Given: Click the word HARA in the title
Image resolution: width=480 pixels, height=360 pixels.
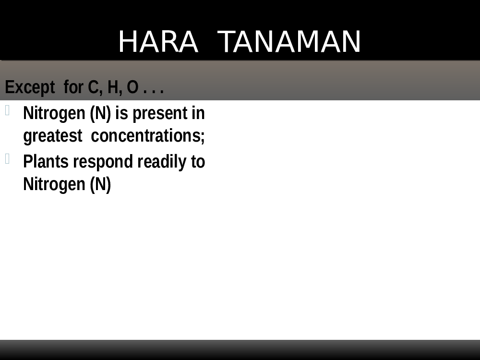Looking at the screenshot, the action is pos(158,42).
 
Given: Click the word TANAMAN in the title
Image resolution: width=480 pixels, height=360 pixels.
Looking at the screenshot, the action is pos(289,42).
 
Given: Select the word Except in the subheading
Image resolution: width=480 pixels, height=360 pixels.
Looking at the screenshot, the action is pos(30,87).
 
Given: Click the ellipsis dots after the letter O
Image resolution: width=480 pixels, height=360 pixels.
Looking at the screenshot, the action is pos(154,91).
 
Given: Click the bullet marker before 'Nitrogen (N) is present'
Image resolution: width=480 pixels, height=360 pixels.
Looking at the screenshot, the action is pos(7,110).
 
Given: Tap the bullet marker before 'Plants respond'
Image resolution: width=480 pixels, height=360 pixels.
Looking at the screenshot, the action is pos(7,158).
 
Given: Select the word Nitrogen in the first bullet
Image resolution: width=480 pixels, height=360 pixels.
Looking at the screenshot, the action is pos(54,113).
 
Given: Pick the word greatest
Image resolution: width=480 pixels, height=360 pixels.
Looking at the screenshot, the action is pos(53,136).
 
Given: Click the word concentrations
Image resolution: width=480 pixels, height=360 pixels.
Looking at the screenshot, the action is pos(147,136).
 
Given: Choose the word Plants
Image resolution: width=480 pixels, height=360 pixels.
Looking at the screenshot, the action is pos(46,162).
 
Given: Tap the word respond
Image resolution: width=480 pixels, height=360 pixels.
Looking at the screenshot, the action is pos(103,162).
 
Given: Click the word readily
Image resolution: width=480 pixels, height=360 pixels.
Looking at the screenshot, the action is pos(162,162).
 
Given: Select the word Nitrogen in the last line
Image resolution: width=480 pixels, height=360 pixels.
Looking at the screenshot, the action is pos(54,184).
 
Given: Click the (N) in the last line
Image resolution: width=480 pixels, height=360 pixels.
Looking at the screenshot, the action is pos(100,185).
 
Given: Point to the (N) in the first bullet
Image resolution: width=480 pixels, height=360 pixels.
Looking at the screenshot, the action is pos(100,114).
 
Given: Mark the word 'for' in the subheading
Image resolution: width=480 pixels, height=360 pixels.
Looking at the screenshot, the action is pos(73,87).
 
